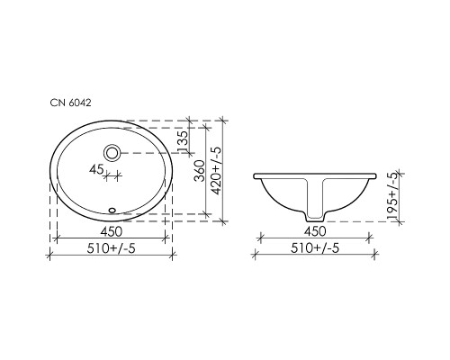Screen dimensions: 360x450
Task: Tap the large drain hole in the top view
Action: pos(112,152)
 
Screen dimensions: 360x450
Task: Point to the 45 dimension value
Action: pos(96,167)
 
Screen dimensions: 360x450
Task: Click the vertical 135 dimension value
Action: pos(184,139)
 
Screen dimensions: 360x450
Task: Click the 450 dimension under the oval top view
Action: pos(112,229)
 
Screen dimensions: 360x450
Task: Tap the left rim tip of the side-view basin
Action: pos(256,174)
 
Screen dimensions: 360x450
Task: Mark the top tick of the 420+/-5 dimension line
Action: pos(221,119)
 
